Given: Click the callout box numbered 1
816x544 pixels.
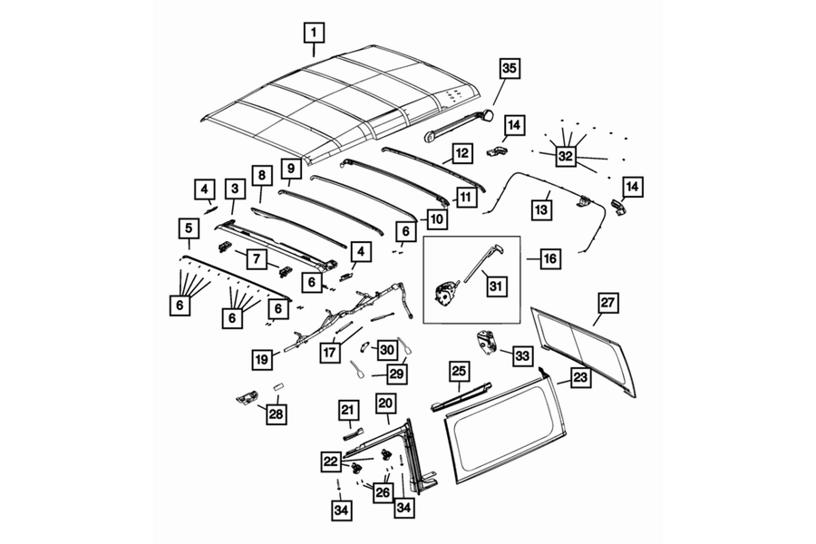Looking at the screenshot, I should (x=314, y=35).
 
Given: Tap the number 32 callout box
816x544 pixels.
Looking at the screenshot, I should (x=566, y=156).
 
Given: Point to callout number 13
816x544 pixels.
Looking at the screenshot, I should (x=541, y=209).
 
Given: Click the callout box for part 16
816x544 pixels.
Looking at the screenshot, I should (x=549, y=259).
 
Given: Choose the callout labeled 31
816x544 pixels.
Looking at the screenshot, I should (x=494, y=286).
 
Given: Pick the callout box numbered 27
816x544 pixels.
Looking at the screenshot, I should (x=607, y=303).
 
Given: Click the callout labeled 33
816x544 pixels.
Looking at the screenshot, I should (x=521, y=357).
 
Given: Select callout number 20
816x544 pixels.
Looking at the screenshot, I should (x=385, y=403).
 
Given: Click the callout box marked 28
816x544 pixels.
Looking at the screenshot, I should (x=273, y=414).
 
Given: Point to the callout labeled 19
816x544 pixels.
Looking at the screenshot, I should (x=262, y=360).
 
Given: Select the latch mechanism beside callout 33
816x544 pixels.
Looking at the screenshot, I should (x=487, y=344).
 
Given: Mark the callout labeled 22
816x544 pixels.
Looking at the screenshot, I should (x=329, y=461).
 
